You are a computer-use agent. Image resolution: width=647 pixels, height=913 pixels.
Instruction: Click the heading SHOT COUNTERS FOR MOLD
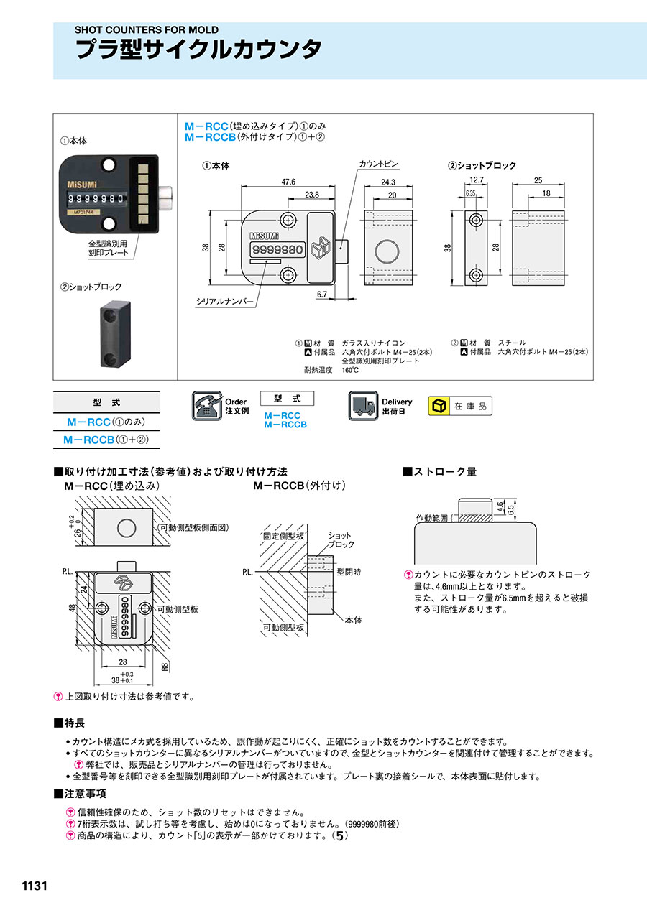pyautogui.click(x=147, y=30)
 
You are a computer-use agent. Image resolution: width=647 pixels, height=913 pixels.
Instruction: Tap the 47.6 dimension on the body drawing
pyautogui.click(x=288, y=182)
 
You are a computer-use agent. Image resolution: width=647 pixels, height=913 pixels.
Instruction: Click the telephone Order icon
pyautogui.click(x=207, y=406)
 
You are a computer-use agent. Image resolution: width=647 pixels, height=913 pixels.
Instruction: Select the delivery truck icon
pyautogui.click(x=363, y=406)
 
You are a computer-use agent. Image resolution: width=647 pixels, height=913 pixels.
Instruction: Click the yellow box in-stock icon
pyautogui.click(x=438, y=407)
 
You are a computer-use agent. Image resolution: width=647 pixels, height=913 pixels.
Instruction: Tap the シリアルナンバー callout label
pyautogui.click(x=225, y=302)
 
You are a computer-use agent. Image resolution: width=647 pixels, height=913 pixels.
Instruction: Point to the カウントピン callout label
pyautogui.click(x=378, y=165)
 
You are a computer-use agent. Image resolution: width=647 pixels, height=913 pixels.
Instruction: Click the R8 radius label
pyautogui.click(x=165, y=667)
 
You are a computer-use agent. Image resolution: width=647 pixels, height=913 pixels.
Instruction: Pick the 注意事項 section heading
pyautogui.click(x=81, y=794)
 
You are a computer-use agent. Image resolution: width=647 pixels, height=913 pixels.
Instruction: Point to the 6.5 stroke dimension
pyautogui.click(x=510, y=511)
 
